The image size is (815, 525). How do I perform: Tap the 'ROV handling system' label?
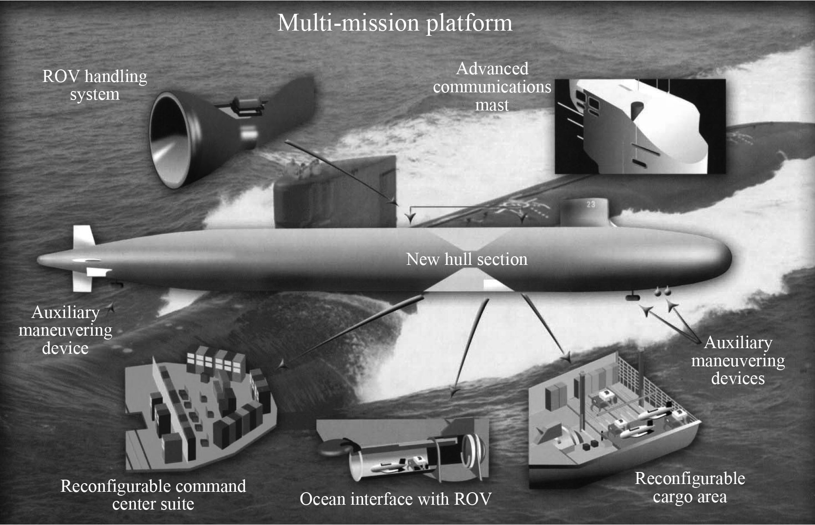tap(94, 85)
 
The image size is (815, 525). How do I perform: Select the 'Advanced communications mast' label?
tap(492, 87)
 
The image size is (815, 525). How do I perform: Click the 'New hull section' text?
tap(467, 259)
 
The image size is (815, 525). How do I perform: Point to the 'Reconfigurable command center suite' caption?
tap(153, 495)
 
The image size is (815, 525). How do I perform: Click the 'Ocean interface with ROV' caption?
tap(395, 499)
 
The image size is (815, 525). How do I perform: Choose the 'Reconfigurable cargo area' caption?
tap(690, 487)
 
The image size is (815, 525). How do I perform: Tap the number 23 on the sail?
tap(591, 204)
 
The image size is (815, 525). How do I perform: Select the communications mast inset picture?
tap(640, 126)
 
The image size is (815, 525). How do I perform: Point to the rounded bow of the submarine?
tap(720, 259)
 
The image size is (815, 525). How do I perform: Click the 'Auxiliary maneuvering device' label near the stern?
tap(66, 330)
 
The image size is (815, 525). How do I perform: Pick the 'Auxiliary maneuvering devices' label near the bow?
tap(738, 360)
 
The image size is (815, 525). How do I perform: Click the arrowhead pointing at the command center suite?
tap(282, 365)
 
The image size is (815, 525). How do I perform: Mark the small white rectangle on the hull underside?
tap(495, 284)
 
